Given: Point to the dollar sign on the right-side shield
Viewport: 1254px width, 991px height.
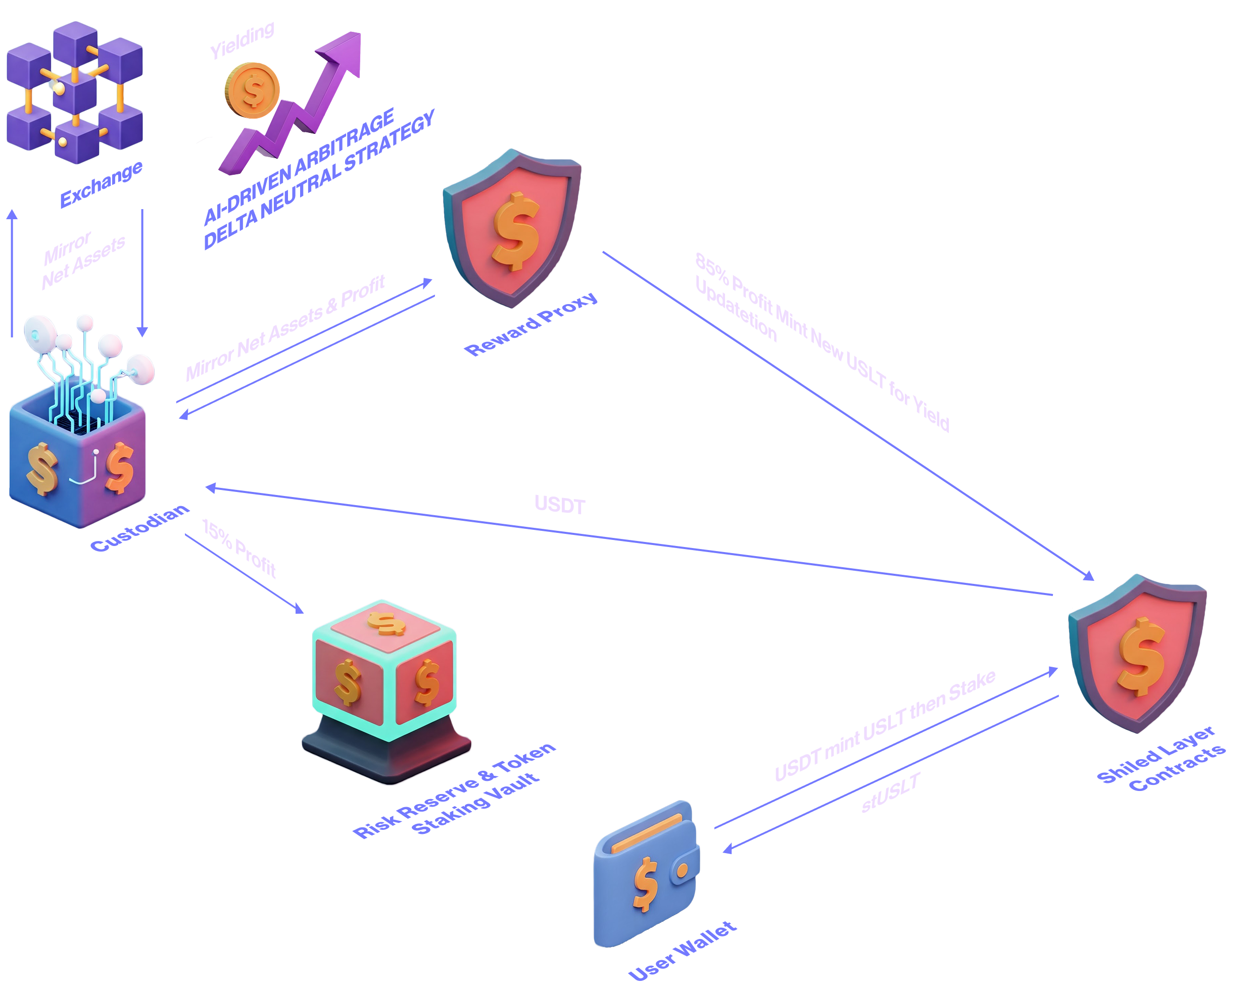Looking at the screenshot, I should point(1141,656).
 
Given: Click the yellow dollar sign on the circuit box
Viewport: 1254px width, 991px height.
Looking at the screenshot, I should point(42,468).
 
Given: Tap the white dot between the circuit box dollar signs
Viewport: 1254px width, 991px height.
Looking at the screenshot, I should point(97,451).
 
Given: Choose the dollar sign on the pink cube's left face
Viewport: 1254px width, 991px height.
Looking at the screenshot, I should point(348,683).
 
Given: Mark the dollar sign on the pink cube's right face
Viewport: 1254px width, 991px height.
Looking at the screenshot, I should point(426,683).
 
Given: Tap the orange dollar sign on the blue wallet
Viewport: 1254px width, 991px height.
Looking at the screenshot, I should point(646,884).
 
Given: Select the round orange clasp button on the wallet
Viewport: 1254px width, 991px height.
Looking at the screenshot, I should point(683,870).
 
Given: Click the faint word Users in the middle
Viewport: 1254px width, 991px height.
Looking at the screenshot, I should point(558,503).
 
